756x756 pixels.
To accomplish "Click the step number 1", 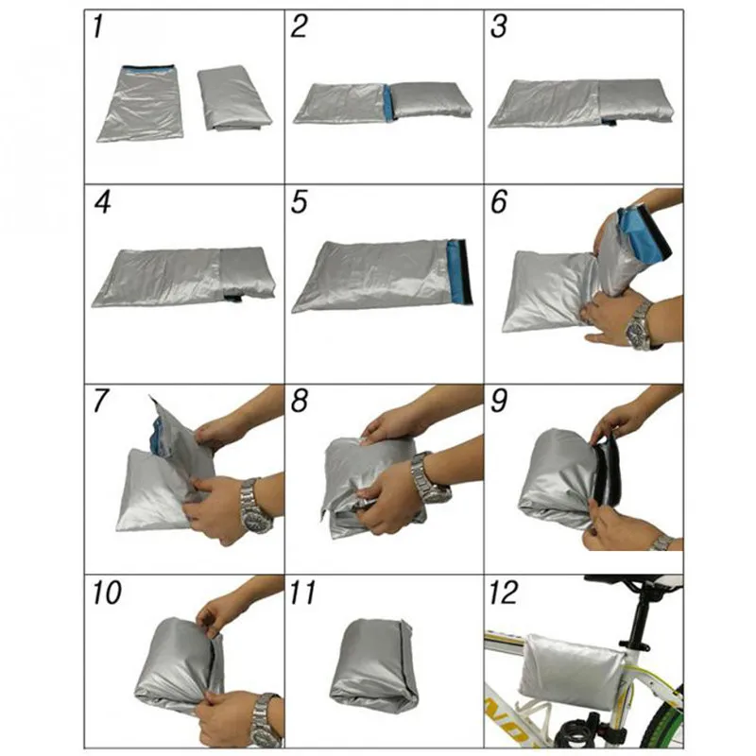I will pos(99,28).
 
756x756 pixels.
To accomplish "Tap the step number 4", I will pos(102,203).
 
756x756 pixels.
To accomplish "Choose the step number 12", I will pos(504,593).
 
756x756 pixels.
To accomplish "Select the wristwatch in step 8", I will pos(431,478).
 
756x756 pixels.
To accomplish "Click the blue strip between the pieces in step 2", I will pos(387,102).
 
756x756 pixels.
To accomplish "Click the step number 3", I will pos(498,28).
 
